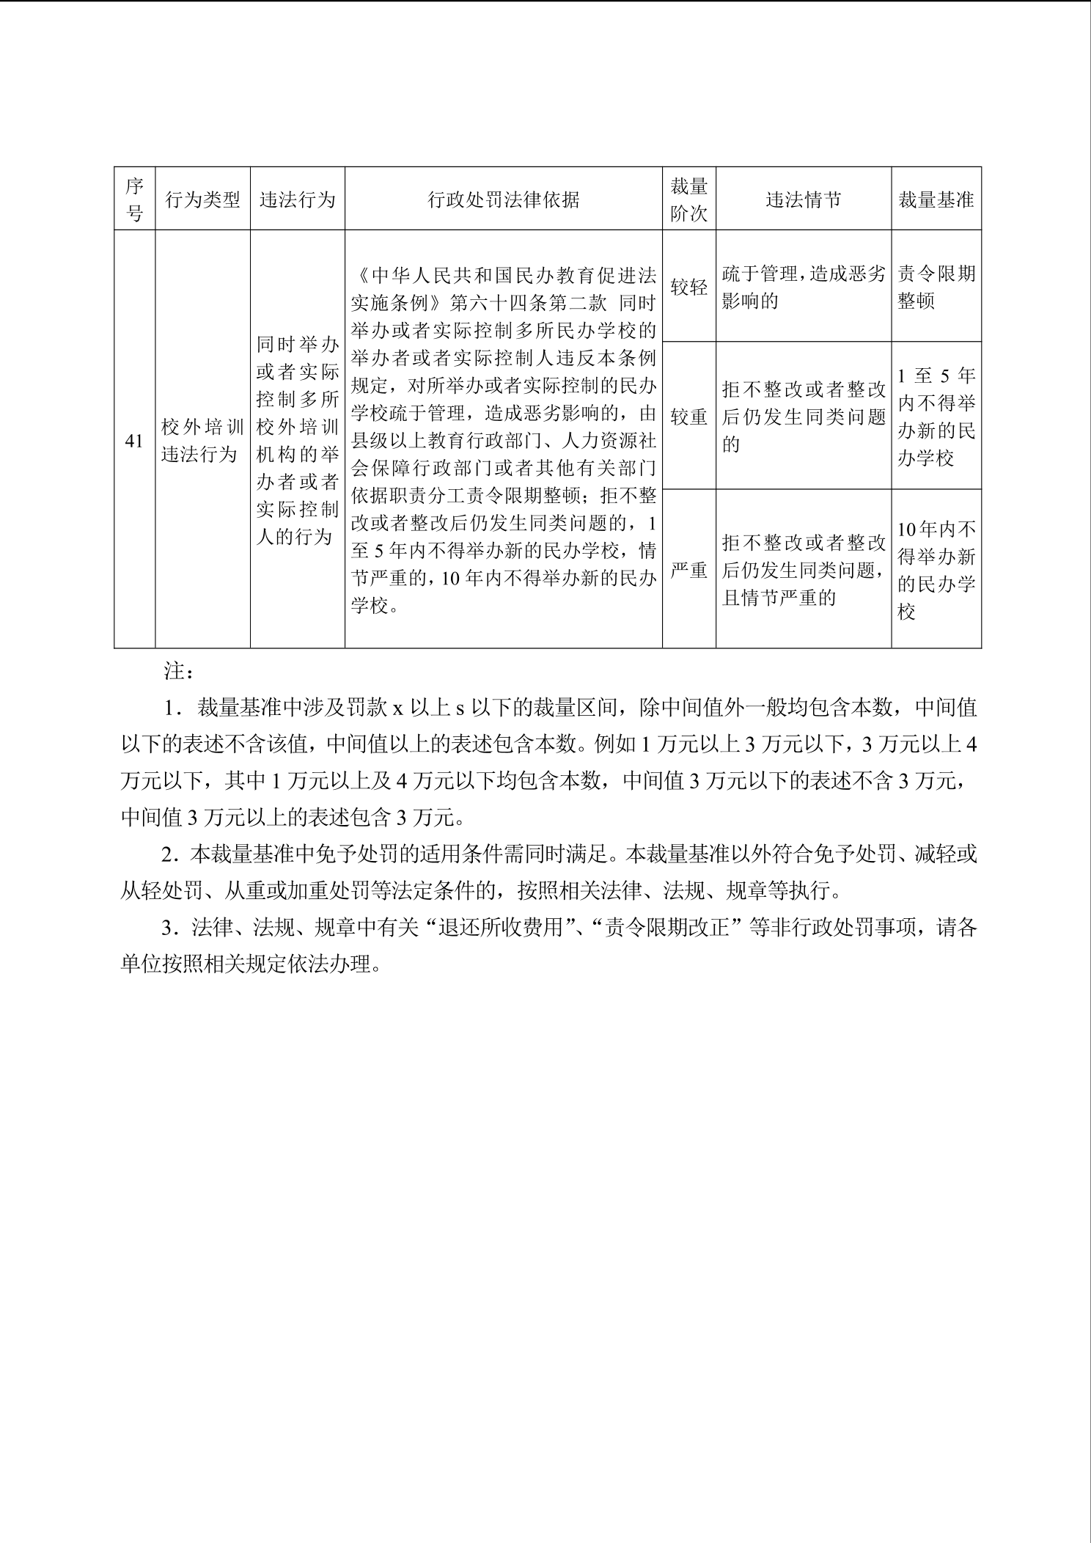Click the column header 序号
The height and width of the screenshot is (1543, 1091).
coord(134,199)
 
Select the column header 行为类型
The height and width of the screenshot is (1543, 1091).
coord(202,199)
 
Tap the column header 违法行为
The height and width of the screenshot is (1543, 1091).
coord(297,199)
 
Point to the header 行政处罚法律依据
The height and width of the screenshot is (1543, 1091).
coord(503,199)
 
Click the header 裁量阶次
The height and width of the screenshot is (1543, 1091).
coord(688,199)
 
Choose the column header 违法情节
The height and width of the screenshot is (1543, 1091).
coord(803,199)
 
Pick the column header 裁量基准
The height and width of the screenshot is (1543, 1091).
coord(936,199)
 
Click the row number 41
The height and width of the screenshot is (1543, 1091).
coord(134,441)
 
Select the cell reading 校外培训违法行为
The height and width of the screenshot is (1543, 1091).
coord(202,441)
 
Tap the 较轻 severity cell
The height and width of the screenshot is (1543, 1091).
coord(688,287)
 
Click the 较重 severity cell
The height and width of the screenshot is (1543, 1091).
coord(688,417)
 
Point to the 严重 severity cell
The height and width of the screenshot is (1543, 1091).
coord(688,570)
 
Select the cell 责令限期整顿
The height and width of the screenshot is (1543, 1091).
coord(936,287)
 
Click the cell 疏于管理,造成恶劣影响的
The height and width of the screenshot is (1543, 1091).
coord(803,287)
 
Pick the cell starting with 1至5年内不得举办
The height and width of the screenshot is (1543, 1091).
coord(936,417)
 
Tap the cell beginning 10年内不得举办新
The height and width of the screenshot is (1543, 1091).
coord(936,570)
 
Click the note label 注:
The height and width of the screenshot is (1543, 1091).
coord(179,671)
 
